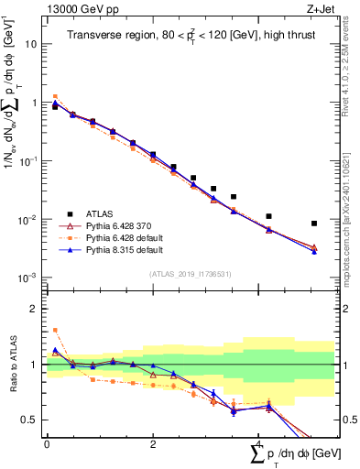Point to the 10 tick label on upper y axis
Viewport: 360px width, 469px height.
point(30,44)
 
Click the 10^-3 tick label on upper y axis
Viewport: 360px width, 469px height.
point(28,278)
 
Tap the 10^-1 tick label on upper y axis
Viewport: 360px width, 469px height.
point(28,160)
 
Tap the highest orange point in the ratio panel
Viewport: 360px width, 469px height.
point(55,330)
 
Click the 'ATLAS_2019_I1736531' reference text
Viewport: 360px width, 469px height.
point(191,274)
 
